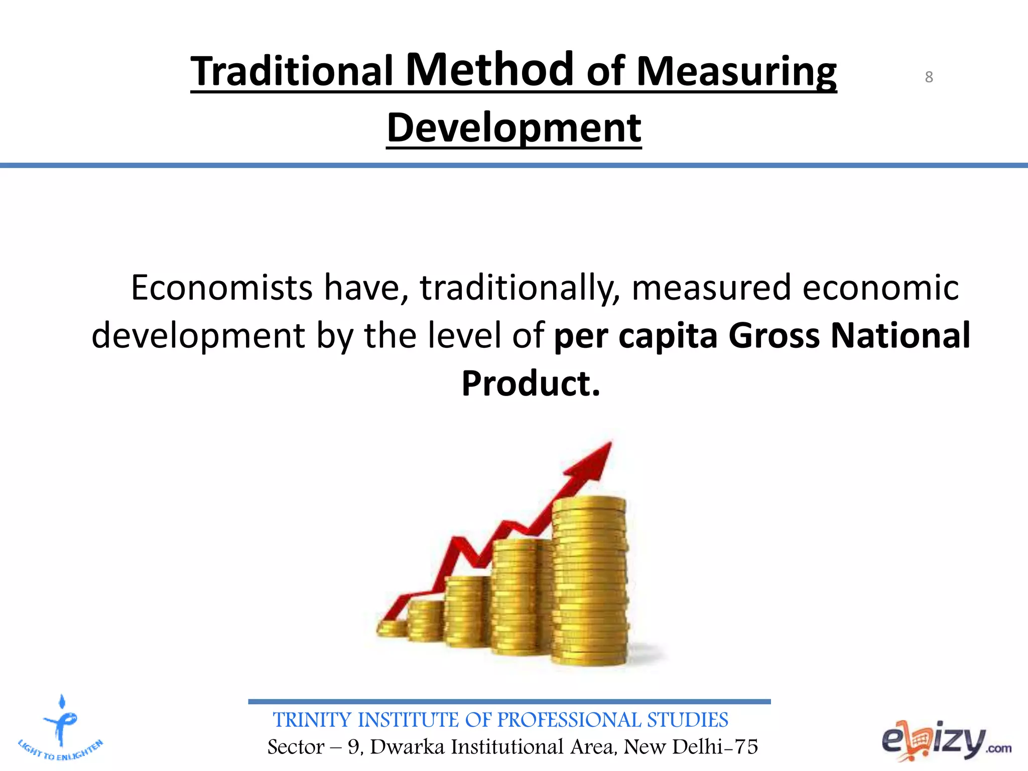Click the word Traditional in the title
pos(292,72)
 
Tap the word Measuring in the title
pos(736,72)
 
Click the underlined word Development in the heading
pos(513,128)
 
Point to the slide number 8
pos(929,77)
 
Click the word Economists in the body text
pos(222,288)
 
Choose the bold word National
pos(901,335)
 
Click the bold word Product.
pos(531,383)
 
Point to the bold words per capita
pos(635,335)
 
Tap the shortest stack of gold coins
pos(392,628)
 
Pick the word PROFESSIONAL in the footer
pos(569,720)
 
